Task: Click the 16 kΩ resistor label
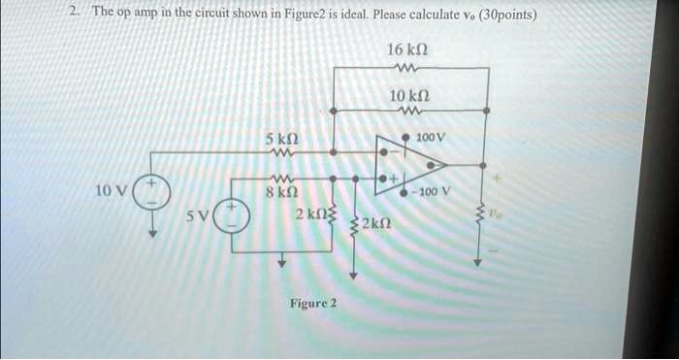pos(407,49)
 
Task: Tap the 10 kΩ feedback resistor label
pos(409,95)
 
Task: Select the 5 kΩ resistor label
pos(282,140)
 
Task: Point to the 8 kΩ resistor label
pos(281,190)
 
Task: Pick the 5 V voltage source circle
pos(232,214)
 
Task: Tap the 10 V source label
pos(112,190)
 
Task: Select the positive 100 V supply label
pos(430,138)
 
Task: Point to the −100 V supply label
pos(433,191)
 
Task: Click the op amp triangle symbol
pos(410,165)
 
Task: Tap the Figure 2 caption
pos(313,303)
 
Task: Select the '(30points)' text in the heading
pos(508,16)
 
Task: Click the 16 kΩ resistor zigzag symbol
pos(407,68)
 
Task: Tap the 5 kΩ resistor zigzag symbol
pos(282,152)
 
